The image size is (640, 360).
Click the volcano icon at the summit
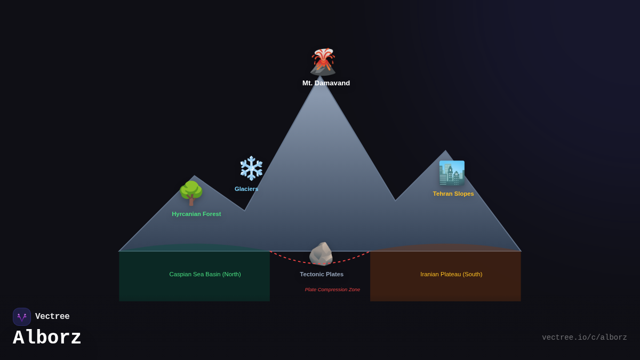(323, 62)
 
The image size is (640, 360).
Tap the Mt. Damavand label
(326, 83)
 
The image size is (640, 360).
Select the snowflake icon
(251, 168)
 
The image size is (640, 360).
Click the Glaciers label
(246, 189)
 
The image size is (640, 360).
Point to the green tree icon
(191, 193)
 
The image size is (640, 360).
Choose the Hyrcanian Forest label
(196, 214)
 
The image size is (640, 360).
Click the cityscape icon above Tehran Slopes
(452, 173)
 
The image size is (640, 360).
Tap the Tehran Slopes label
(453, 194)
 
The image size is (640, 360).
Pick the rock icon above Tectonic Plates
(321, 254)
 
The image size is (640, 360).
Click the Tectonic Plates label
(322, 274)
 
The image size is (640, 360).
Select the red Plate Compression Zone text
(332, 290)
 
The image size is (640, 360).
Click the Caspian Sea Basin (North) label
(205, 274)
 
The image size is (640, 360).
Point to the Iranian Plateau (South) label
(451, 274)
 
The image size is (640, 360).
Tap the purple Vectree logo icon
(22, 317)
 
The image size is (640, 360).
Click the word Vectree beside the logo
(52, 317)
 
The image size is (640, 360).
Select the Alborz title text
(47, 338)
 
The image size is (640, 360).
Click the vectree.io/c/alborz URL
(584, 338)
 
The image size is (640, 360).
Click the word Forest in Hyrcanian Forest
(211, 214)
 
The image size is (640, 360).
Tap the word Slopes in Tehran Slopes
(463, 194)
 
